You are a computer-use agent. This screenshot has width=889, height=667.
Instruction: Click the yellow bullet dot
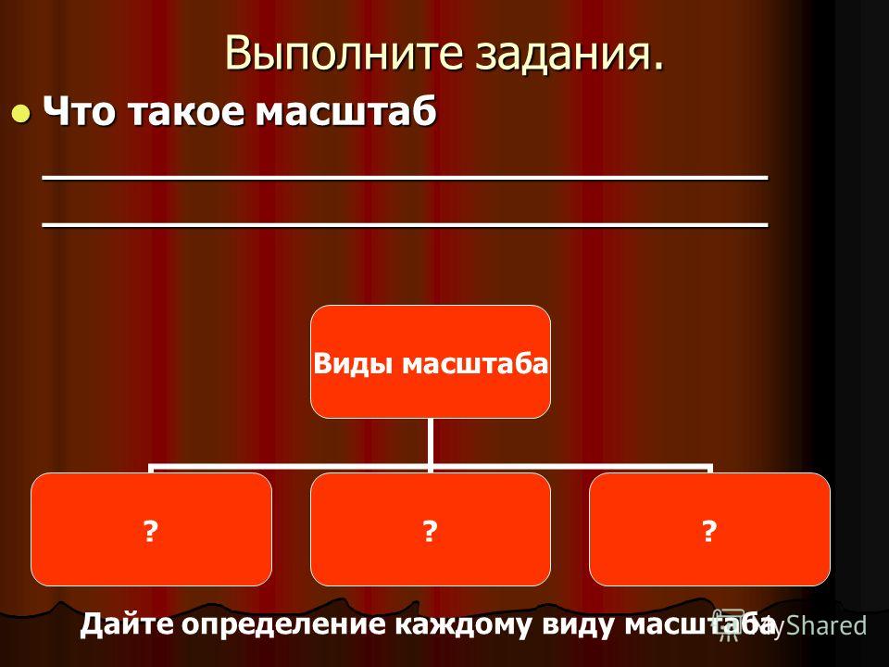pos(21,113)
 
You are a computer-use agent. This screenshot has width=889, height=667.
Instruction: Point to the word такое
pos(185,111)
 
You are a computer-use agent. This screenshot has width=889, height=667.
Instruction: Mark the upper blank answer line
pos(405,178)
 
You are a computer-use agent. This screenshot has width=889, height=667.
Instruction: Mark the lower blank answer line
pos(405,224)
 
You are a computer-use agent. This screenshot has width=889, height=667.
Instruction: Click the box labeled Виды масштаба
pos(431,362)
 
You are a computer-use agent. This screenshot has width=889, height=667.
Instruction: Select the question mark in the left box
pos(150,532)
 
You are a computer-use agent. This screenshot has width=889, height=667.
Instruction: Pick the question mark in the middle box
pos(430,532)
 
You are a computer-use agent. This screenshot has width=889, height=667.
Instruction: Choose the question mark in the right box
pos(708,532)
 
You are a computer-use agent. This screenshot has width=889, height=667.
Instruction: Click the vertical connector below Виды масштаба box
pos(431,445)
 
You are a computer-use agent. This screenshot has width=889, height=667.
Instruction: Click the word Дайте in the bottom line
pos(127,624)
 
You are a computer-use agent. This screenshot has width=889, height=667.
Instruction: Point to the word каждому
pos(463,625)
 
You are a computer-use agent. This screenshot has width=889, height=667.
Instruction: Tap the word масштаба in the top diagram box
pos(475,363)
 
